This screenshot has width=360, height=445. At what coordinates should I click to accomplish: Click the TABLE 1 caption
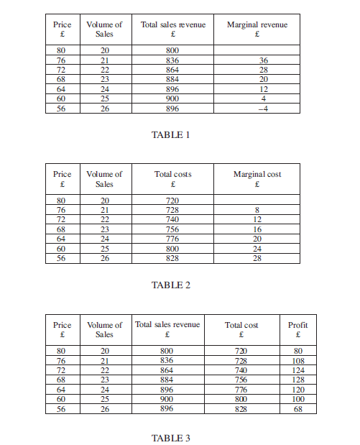(170, 134)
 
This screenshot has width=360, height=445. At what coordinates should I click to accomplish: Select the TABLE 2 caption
(170, 285)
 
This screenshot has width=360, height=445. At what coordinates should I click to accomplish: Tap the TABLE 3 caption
(170, 438)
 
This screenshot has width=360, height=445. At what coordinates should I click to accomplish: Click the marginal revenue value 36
(264, 61)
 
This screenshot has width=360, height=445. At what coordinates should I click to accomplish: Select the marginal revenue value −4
(263, 108)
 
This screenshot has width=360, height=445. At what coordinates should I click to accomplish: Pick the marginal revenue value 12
(264, 89)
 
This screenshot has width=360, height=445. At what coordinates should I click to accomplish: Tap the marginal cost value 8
(257, 211)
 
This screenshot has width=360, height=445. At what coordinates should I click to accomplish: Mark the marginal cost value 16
(257, 229)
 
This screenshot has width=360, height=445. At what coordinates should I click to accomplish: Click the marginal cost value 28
(257, 257)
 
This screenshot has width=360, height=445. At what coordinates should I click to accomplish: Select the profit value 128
(298, 380)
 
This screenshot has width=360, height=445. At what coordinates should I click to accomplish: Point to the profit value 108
(298, 362)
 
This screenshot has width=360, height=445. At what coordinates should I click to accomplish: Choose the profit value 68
(298, 408)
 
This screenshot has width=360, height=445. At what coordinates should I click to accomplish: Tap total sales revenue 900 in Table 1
(172, 98)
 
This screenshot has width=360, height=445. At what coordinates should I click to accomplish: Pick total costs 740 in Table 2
(172, 220)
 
